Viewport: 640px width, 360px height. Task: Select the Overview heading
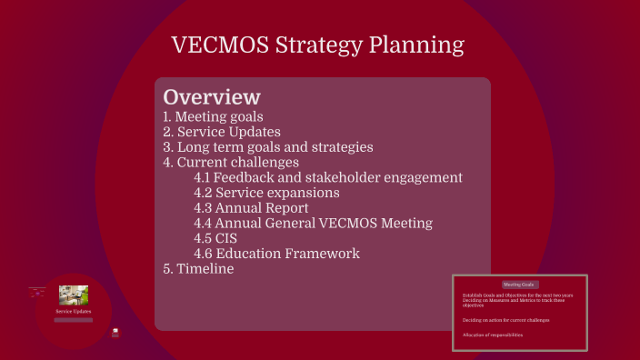pyautogui.click(x=212, y=97)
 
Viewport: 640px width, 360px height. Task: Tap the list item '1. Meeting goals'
pyautogui.click(x=213, y=116)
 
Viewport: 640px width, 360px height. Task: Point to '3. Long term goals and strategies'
pyautogui.click(x=267, y=147)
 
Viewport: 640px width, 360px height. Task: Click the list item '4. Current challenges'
pyautogui.click(x=231, y=163)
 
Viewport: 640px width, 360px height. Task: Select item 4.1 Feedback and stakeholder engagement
pyautogui.click(x=328, y=178)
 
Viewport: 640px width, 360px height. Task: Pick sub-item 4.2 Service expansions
pyautogui.click(x=266, y=193)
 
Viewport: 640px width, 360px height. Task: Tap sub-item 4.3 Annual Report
pyautogui.click(x=252, y=208)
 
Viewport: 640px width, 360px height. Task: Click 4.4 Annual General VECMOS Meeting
pyautogui.click(x=313, y=224)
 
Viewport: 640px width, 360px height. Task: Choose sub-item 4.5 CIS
pyautogui.click(x=216, y=238)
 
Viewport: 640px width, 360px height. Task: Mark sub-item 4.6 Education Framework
pyautogui.click(x=276, y=254)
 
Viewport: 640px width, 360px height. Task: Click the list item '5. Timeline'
pyautogui.click(x=198, y=269)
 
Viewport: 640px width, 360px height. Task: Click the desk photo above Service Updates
pyautogui.click(x=73, y=295)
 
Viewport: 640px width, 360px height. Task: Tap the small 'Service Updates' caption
pyautogui.click(x=73, y=312)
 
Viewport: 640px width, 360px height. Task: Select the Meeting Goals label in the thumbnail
pyautogui.click(x=520, y=285)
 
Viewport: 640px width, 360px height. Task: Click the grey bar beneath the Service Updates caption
pyautogui.click(x=73, y=320)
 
